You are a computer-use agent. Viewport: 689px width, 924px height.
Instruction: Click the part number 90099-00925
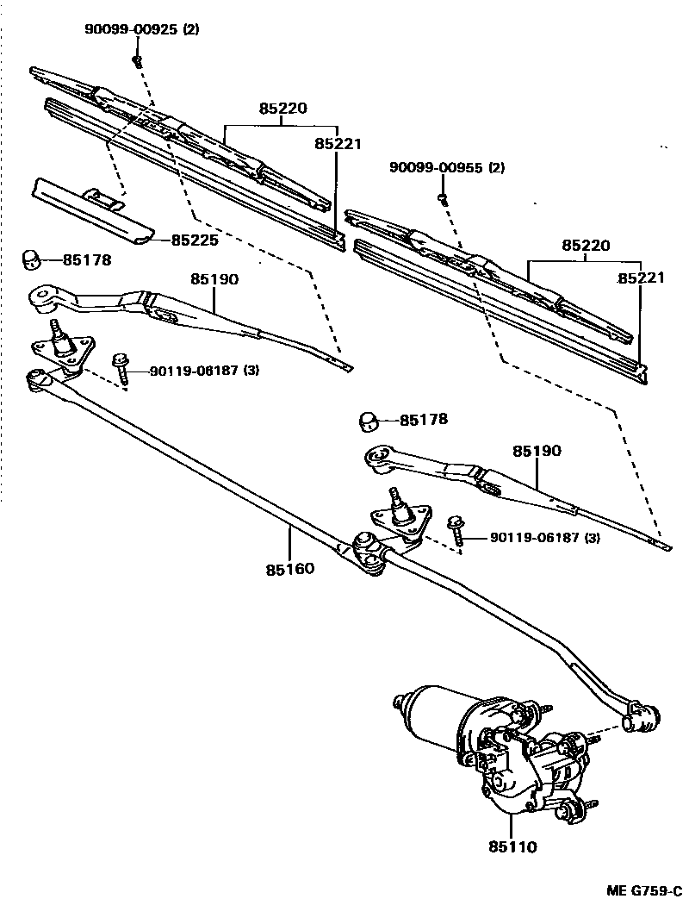(x=130, y=29)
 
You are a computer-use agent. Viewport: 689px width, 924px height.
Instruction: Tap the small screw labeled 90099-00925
(x=137, y=60)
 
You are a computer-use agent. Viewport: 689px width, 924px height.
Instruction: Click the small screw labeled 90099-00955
(x=443, y=199)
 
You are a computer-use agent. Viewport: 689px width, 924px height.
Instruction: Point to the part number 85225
(x=195, y=240)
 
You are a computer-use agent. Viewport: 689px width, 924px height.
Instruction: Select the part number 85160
(x=289, y=569)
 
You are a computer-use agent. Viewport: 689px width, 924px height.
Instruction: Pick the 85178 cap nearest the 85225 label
(x=32, y=259)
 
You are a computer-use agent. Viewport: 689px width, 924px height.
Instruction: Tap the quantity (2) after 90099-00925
(x=190, y=29)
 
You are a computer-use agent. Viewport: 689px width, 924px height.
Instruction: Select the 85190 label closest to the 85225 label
(x=214, y=279)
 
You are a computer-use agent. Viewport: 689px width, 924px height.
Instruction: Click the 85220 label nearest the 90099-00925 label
(x=282, y=109)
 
